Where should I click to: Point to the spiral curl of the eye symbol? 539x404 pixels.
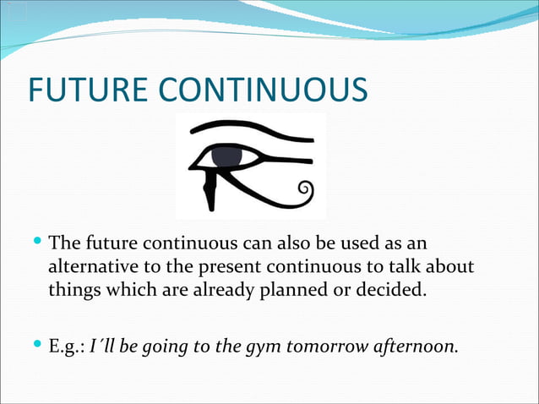(x=307, y=192)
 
